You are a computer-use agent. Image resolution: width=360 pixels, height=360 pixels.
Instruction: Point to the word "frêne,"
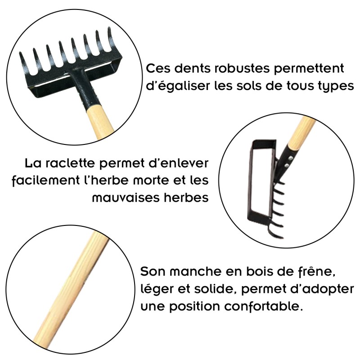317,272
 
